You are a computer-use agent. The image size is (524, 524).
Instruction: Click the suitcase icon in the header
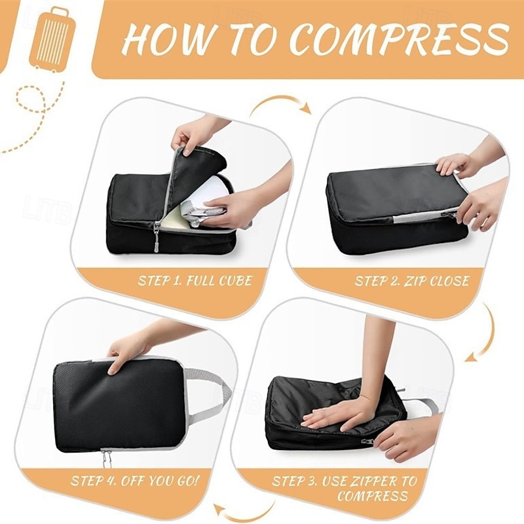coord(53,39)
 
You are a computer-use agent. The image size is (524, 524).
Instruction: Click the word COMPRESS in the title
coord(399,40)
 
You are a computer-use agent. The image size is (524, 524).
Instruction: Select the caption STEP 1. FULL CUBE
coord(195,280)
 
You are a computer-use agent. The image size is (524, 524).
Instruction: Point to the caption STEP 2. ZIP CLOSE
coord(412,281)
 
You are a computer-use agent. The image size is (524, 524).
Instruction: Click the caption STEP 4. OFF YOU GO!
coord(135,481)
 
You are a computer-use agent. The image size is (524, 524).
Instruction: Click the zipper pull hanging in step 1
coord(156,238)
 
